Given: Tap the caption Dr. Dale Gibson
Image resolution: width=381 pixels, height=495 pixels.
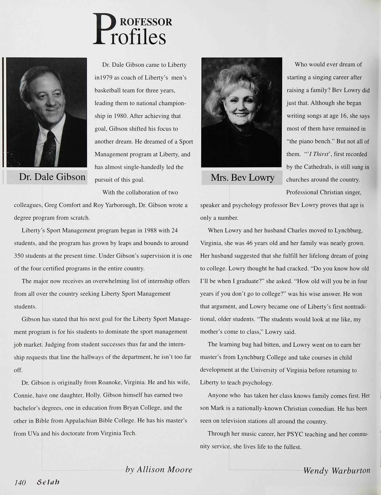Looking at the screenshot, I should (x=52, y=177).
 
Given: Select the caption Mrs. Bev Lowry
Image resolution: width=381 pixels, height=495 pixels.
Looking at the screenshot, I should (x=242, y=177).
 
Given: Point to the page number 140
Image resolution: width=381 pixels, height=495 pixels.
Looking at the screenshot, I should (x=19, y=482).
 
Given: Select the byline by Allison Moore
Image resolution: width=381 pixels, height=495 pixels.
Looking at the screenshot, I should (x=159, y=469).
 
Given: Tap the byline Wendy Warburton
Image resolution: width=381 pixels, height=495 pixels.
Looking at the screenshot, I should (x=337, y=470).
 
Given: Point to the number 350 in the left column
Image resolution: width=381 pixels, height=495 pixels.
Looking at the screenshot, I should (x=20, y=256).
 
